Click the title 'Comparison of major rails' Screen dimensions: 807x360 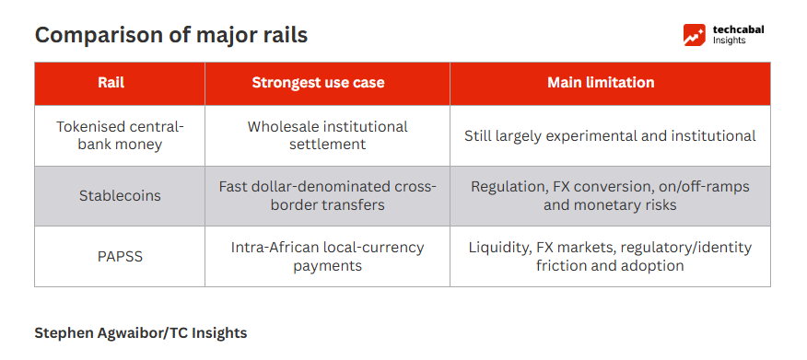170,35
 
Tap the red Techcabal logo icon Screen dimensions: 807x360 695,35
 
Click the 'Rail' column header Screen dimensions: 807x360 111,83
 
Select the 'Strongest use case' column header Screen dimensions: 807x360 318,83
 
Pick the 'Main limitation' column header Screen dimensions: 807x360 601,83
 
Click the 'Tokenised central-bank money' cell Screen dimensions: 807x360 120,135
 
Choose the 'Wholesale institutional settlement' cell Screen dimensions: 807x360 327,135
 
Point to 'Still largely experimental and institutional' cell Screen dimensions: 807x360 610,135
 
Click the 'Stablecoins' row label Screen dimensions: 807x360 120,196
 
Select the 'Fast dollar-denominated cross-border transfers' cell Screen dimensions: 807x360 327,196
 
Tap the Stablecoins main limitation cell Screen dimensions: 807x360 610,196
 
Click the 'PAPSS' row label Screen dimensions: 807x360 120,256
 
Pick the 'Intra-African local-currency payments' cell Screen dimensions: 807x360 327,256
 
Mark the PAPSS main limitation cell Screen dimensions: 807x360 610,256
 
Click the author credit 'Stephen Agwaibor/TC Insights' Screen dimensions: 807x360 141,333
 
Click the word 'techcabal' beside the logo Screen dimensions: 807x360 738,29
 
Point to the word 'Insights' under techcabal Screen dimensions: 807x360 730,41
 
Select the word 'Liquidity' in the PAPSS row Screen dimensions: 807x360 498,248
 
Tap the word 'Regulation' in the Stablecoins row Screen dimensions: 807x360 507,186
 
